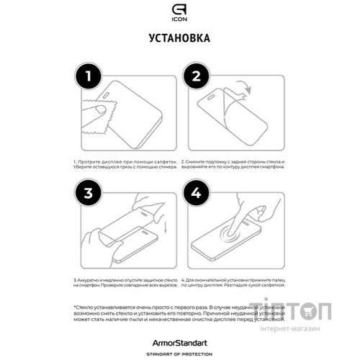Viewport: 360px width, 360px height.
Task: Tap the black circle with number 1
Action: pos(89,76)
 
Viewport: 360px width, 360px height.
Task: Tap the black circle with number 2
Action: pos(195,76)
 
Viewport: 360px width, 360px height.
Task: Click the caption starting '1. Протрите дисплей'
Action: pos(125,166)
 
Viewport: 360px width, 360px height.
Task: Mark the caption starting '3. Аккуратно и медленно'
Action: pos(125,282)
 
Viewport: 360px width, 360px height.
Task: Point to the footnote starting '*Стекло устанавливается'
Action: pos(179,316)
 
